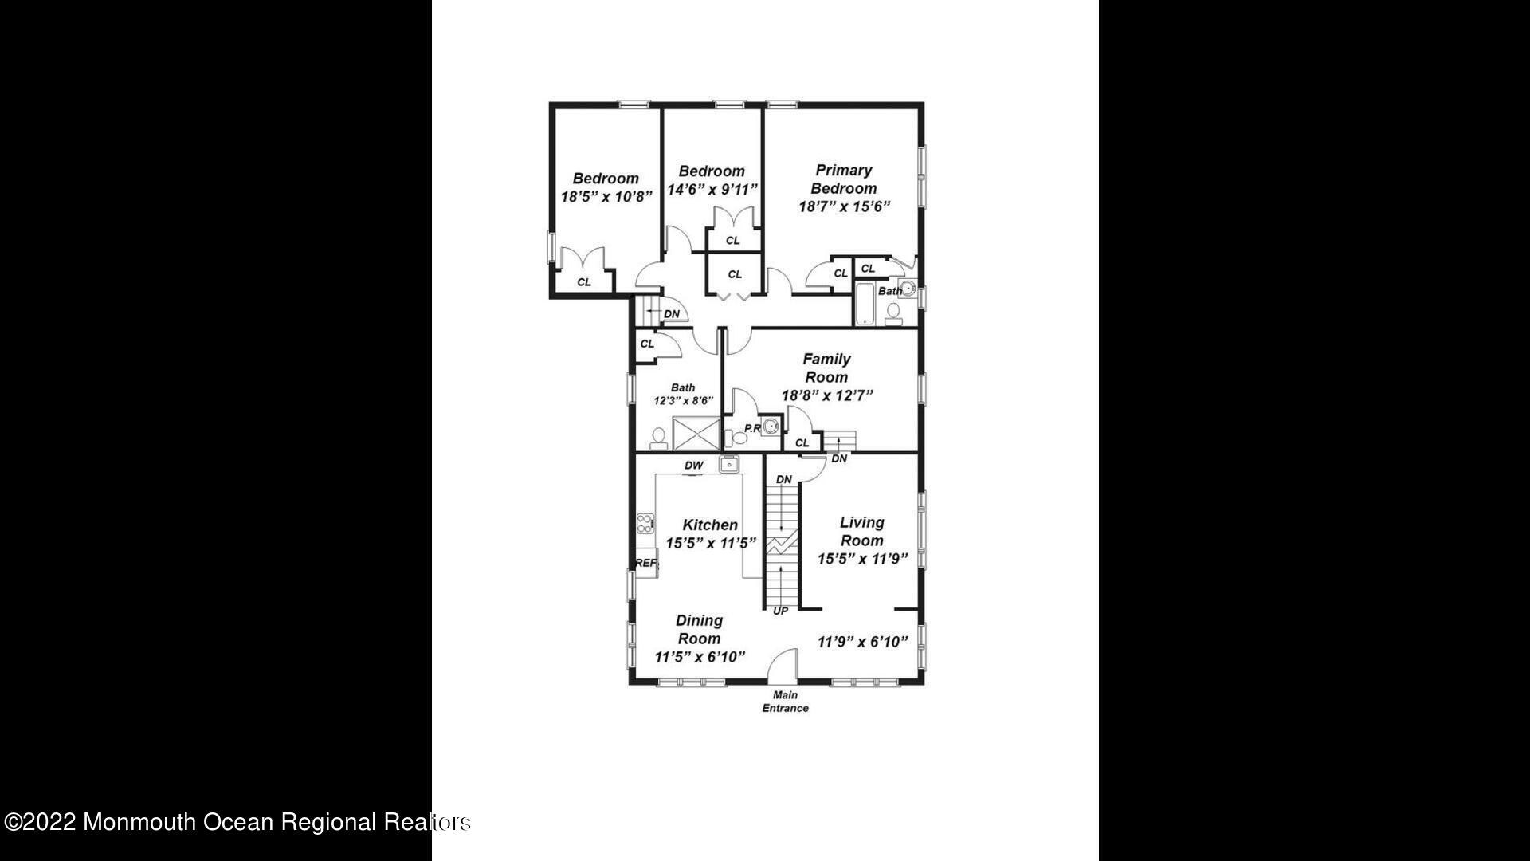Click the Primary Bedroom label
tap(844, 179)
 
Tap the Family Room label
tap(826, 368)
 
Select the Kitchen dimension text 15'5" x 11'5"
tap(711, 544)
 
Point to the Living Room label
tap(861, 531)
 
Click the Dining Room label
tap(699, 629)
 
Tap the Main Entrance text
tap(785, 702)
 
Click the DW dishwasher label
tap(693, 466)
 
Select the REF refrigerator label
tap(646, 563)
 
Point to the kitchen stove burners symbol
tap(645, 524)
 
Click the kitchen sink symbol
tap(729, 464)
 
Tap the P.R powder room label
tap(751, 429)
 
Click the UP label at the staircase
tap(780, 611)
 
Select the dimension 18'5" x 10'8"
tap(606, 196)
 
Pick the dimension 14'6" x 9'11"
tap(712, 190)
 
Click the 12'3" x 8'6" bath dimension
tap(683, 401)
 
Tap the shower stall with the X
tap(696, 434)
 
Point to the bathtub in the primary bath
tap(865, 304)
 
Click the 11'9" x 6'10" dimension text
tap(863, 642)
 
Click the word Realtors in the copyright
tap(426, 822)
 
